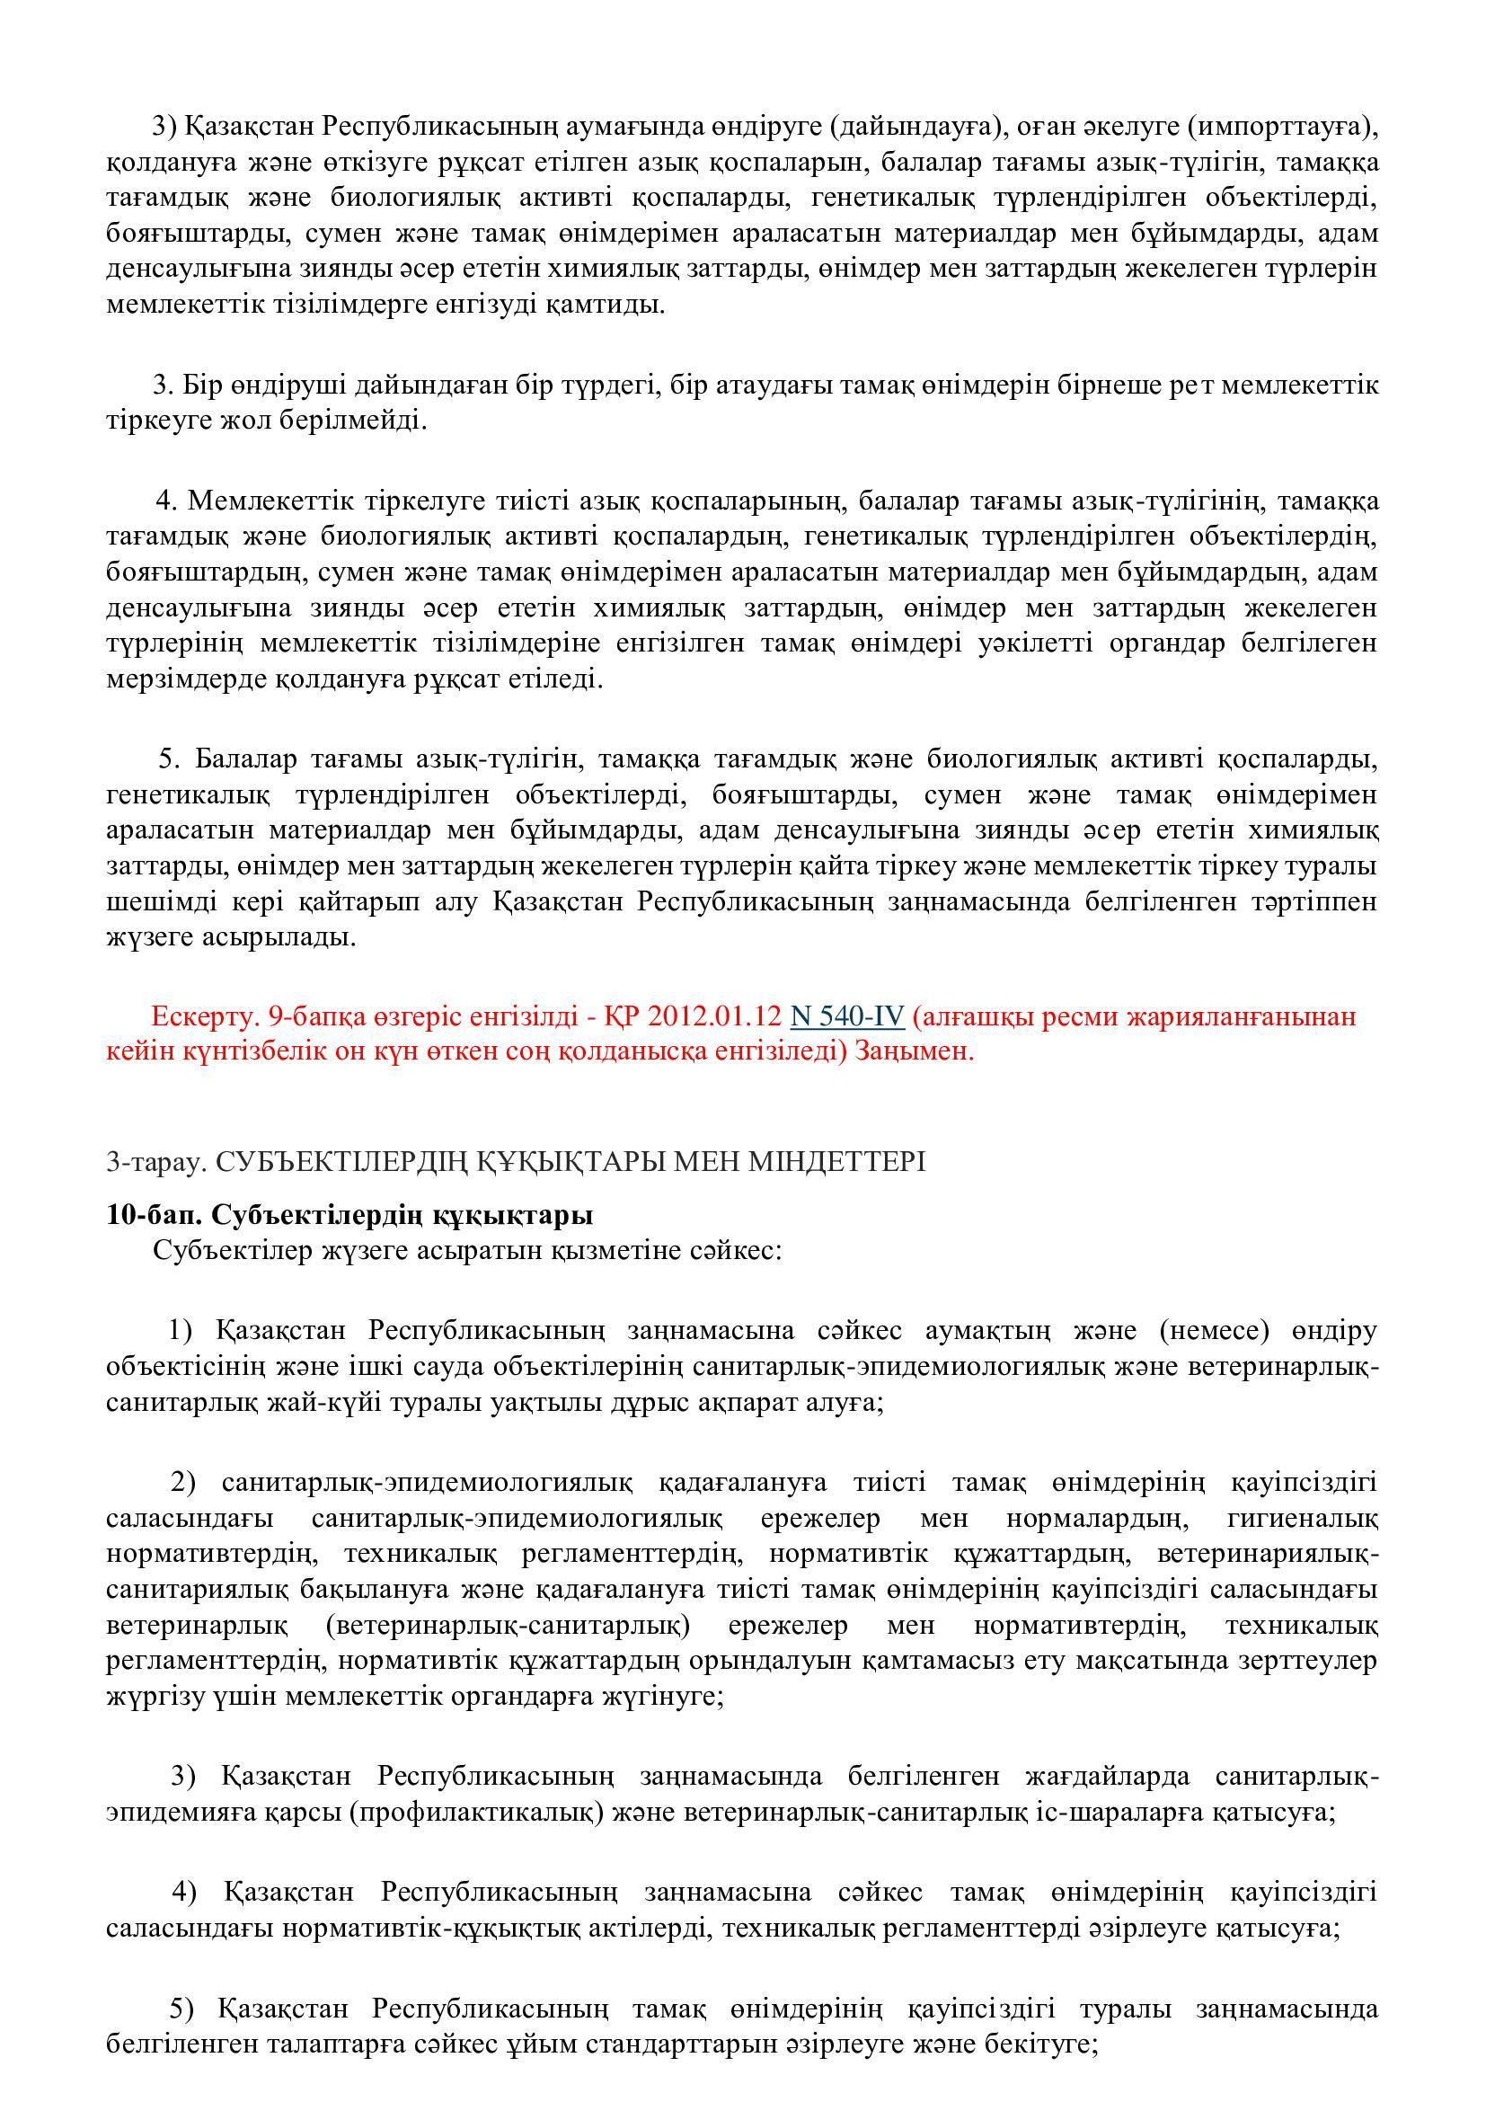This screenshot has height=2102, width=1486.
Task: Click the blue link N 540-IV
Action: pos(847,1016)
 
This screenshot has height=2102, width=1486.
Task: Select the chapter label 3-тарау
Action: pos(152,1162)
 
